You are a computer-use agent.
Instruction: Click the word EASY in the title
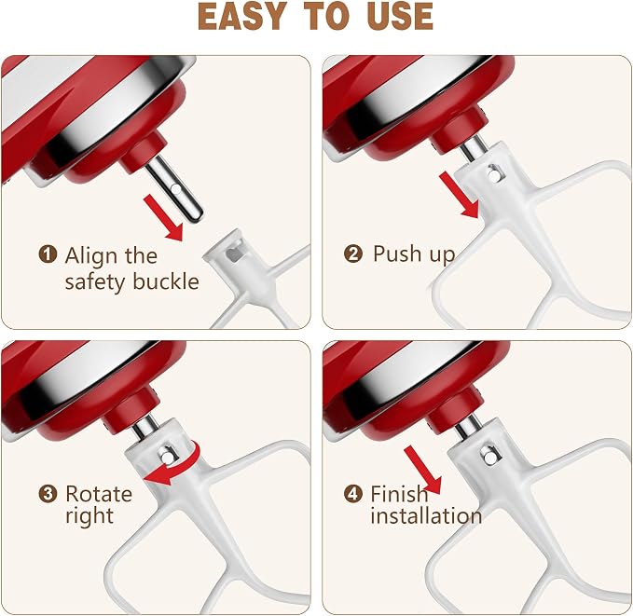[241, 17]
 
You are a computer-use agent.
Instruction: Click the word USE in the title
[400, 17]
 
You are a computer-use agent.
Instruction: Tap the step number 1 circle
[48, 254]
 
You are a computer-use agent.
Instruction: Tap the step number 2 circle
[352, 254]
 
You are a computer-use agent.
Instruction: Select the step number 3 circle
[48, 494]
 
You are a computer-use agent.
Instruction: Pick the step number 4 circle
[352, 494]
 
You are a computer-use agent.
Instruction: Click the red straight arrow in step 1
[163, 217]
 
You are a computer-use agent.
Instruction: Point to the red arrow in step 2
[459, 195]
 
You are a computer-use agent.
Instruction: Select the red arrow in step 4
[423, 470]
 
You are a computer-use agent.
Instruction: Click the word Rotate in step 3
[99, 494]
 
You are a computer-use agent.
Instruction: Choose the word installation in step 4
[426, 516]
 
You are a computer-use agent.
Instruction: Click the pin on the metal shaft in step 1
[176, 188]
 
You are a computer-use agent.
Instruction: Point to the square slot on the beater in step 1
[233, 254]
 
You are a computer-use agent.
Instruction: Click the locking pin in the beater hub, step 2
[494, 174]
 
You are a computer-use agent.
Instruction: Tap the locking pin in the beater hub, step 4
[490, 457]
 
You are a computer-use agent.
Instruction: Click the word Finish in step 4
[400, 493]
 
